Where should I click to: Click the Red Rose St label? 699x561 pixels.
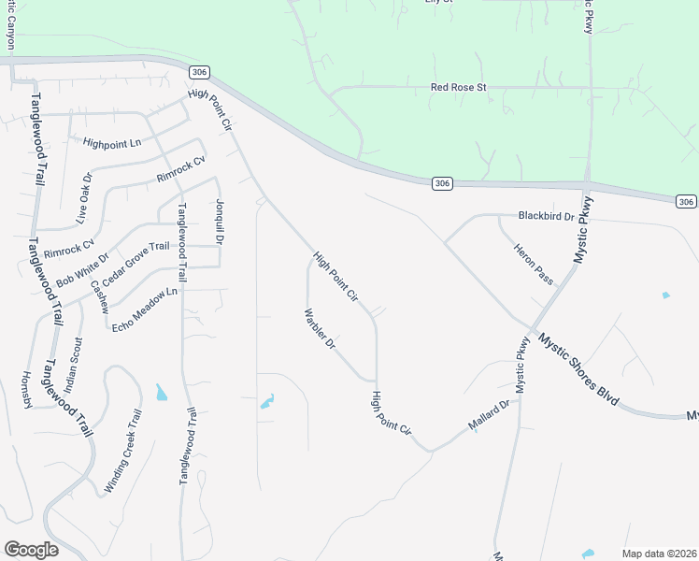tap(459, 88)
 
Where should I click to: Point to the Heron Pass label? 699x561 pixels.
tap(533, 265)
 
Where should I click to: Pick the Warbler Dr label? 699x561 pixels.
tap(320, 328)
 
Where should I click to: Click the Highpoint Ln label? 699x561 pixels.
tap(111, 143)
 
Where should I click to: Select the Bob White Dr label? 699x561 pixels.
tap(82, 270)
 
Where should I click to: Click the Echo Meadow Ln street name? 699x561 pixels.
tap(144, 309)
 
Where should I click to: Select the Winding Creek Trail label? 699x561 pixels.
tap(123, 452)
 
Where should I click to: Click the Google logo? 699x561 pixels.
tap(31, 550)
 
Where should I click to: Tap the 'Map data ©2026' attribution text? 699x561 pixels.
tap(659, 554)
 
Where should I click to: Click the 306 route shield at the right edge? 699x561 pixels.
tap(686, 202)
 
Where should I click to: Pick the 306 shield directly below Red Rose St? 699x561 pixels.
tap(443, 184)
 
